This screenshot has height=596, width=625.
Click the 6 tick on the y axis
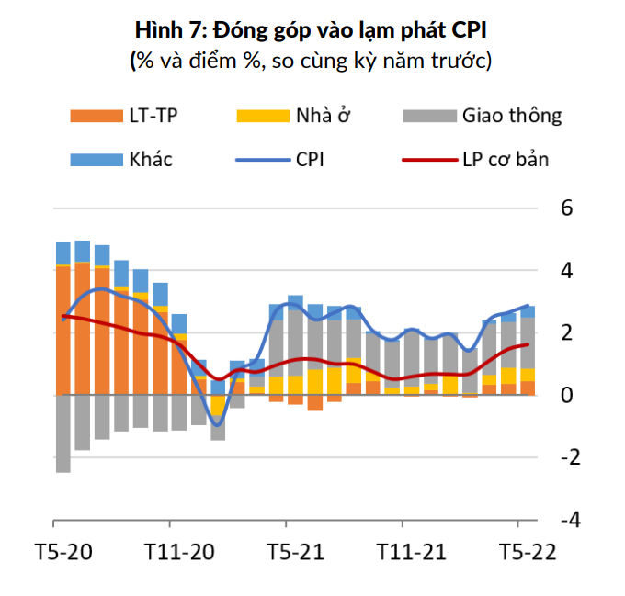(x=566, y=208)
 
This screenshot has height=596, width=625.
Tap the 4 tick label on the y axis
(x=566, y=271)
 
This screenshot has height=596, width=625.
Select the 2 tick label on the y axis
(x=566, y=332)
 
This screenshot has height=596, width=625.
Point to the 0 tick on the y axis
(x=566, y=395)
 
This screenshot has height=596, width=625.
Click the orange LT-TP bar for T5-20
(x=63, y=331)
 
